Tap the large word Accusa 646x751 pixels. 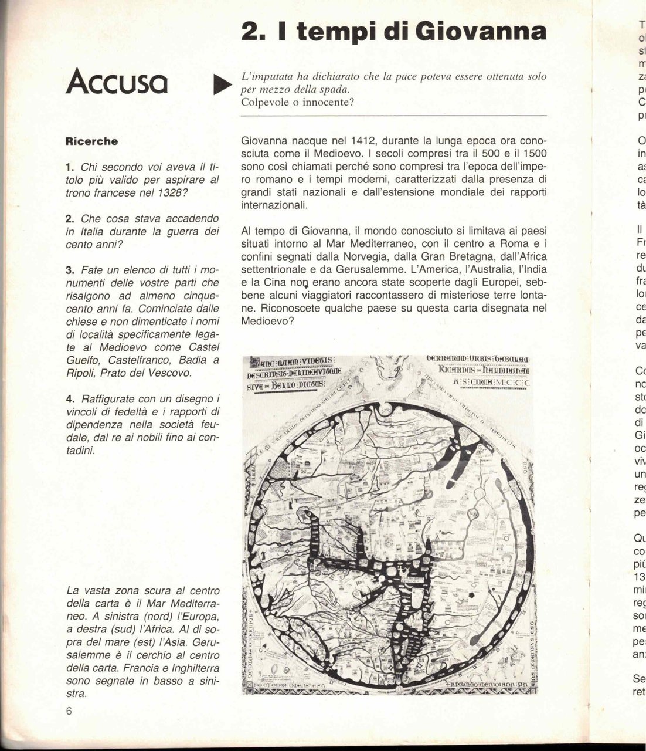point(117,83)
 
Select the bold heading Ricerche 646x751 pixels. point(91,141)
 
